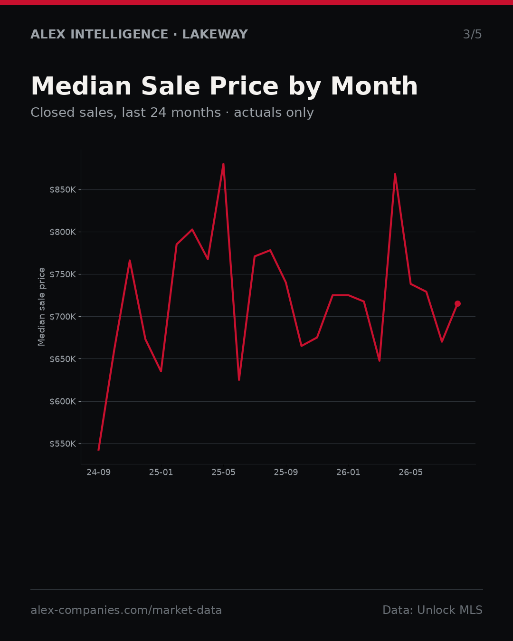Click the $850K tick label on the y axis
pos(63,190)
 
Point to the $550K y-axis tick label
pos(63,444)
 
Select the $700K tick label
pos(63,317)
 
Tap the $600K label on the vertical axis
pos(63,402)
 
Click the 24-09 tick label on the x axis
pos(99,472)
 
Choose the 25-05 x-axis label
pos(223,472)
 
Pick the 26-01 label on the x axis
pos(348,472)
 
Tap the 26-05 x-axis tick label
pos(411,472)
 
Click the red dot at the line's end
pos(457,303)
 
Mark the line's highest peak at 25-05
pos(223,164)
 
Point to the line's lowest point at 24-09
pos(99,450)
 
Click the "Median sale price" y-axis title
pos(41,307)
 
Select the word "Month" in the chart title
pos(374,86)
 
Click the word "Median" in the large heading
pos(81,86)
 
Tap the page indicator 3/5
pos(473,34)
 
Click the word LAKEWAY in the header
pos(215,34)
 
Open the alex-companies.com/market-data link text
pos(126,610)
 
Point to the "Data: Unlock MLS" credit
pos(433,610)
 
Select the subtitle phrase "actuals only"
pos(274,113)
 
